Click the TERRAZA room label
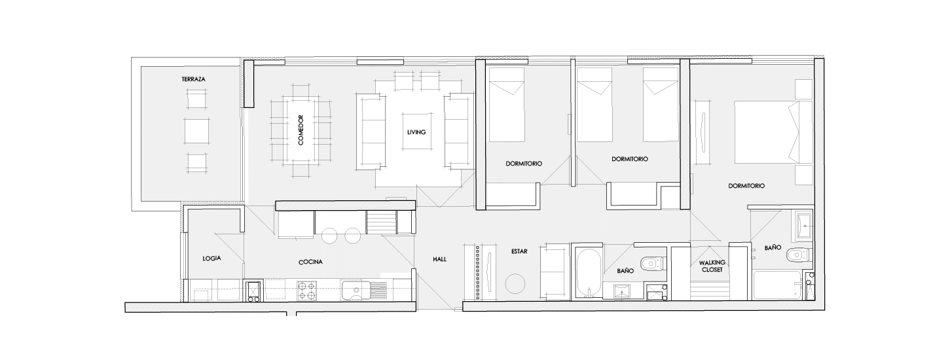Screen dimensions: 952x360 click(x=193, y=79)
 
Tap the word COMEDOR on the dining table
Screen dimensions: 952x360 click(x=301, y=130)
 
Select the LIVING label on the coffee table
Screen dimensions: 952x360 click(x=416, y=132)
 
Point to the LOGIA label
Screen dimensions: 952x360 click(x=211, y=258)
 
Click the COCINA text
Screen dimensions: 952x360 click(x=310, y=262)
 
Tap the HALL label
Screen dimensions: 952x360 click(x=440, y=259)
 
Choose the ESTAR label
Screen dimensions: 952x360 click(x=519, y=251)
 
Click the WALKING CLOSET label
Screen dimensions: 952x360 click(x=712, y=266)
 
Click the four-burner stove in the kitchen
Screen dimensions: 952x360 click(x=307, y=291)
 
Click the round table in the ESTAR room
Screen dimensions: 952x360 click(x=515, y=283)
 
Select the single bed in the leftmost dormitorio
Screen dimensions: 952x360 click(x=506, y=105)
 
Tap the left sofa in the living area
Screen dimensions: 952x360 click(x=372, y=132)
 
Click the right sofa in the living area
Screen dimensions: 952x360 click(x=459, y=132)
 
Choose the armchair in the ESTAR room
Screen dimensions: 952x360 click(x=555, y=272)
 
